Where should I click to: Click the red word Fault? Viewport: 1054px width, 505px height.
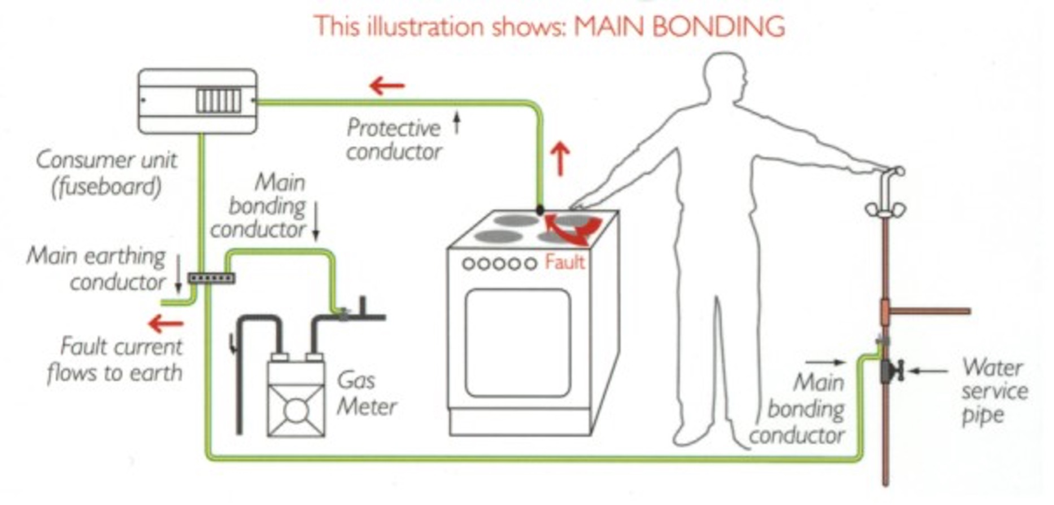coord(564,262)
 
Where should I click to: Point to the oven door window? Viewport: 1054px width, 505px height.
coord(517,342)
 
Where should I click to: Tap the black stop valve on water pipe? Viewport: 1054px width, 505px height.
coord(891,371)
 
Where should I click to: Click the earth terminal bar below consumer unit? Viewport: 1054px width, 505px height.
coord(211,278)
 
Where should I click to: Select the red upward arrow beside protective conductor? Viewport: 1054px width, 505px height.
coord(560,159)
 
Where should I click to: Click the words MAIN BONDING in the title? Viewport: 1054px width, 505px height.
coord(679,27)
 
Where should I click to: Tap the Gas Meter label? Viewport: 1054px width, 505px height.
coord(367,393)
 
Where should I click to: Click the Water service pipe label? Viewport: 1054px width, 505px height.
coord(994,391)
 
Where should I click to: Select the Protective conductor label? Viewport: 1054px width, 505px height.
coord(394,139)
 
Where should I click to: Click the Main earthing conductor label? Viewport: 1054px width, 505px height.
coord(97,269)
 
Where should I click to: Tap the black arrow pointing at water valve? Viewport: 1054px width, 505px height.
coord(928,371)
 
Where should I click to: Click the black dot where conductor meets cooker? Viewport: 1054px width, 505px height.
coord(540,210)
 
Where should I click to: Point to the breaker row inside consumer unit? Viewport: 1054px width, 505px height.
coord(219,101)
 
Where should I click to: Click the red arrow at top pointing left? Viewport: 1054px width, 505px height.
coord(387,86)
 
